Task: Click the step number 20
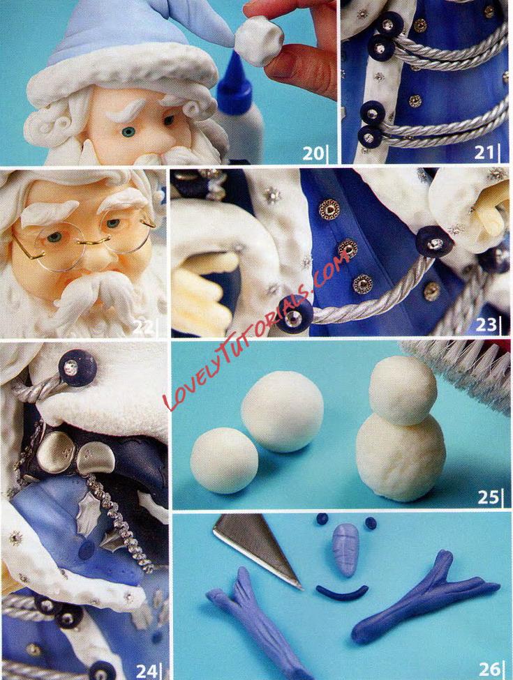click(x=313, y=153)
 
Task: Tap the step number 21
click(x=484, y=152)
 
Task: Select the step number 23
click(x=486, y=324)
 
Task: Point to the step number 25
click(x=489, y=497)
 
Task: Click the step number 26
click(x=489, y=669)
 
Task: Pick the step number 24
click(x=147, y=671)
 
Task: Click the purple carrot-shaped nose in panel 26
click(x=345, y=549)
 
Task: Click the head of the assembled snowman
click(x=402, y=390)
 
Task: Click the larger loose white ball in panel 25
click(x=282, y=411)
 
